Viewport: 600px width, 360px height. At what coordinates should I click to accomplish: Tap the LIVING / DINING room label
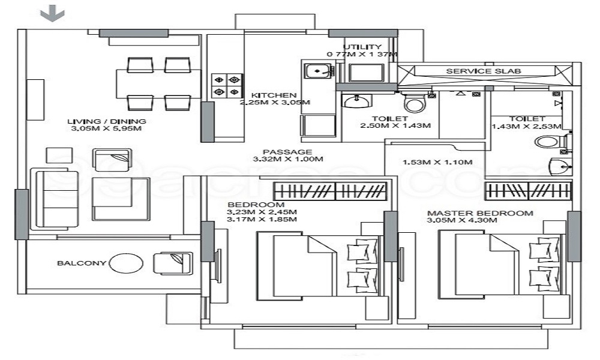[107, 122]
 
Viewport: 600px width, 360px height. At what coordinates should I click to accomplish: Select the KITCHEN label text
[274, 95]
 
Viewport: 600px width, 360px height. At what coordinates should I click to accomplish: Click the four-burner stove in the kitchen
[226, 85]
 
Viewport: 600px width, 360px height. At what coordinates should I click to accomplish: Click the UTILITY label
[362, 47]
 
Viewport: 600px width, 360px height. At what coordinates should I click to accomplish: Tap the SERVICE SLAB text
[484, 71]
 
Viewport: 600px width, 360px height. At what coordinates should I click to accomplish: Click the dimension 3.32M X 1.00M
[287, 160]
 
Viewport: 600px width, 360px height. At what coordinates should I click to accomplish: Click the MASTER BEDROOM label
[480, 213]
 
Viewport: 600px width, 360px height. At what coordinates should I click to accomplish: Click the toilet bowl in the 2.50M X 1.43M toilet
[414, 104]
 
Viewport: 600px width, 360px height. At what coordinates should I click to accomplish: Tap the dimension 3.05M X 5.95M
[107, 129]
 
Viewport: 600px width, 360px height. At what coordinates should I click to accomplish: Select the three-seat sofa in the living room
[56, 198]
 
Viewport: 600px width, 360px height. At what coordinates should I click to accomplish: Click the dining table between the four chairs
[158, 83]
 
